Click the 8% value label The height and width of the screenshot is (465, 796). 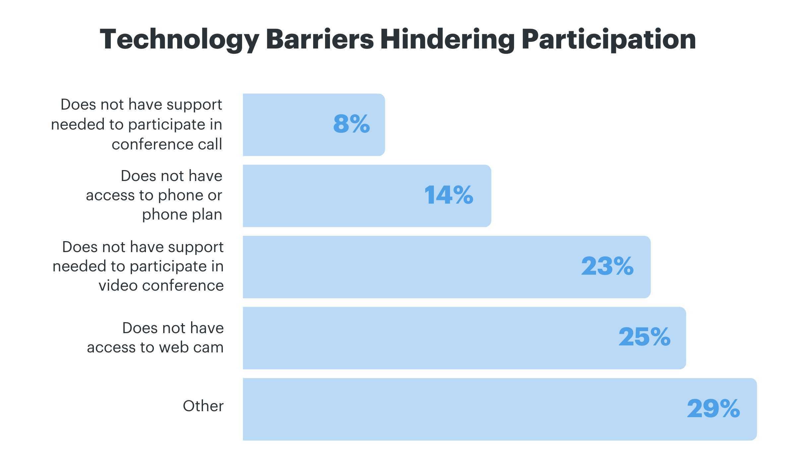(351, 124)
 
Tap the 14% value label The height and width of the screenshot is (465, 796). (448, 195)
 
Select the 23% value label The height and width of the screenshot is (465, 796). (607, 266)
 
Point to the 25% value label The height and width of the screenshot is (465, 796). (644, 337)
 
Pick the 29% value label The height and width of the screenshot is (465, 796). (713, 409)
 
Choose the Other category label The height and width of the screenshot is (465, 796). (203, 406)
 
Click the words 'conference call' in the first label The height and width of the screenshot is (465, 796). (167, 144)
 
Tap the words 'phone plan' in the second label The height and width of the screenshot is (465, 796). (182, 215)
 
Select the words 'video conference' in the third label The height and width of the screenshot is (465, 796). (161, 286)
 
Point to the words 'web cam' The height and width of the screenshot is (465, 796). (191, 347)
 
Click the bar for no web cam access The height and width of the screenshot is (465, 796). (431, 338)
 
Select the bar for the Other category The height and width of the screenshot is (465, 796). (464, 409)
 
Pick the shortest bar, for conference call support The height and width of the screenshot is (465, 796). (285, 125)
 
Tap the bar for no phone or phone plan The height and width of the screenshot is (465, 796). (332, 196)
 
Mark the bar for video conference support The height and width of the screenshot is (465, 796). (398, 267)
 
